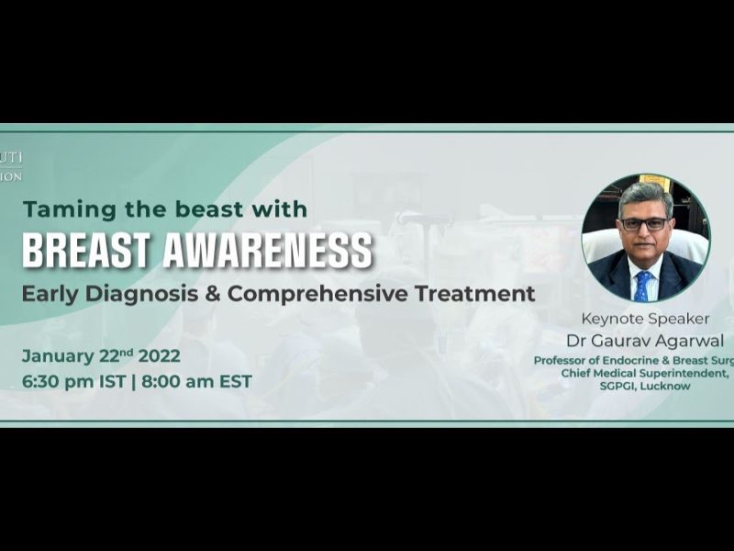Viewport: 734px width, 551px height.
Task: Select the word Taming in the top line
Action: tap(58, 208)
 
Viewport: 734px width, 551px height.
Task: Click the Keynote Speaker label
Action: tap(645, 320)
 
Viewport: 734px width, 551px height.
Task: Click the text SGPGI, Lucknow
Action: tap(646, 387)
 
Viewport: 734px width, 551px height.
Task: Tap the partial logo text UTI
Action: tap(11, 158)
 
